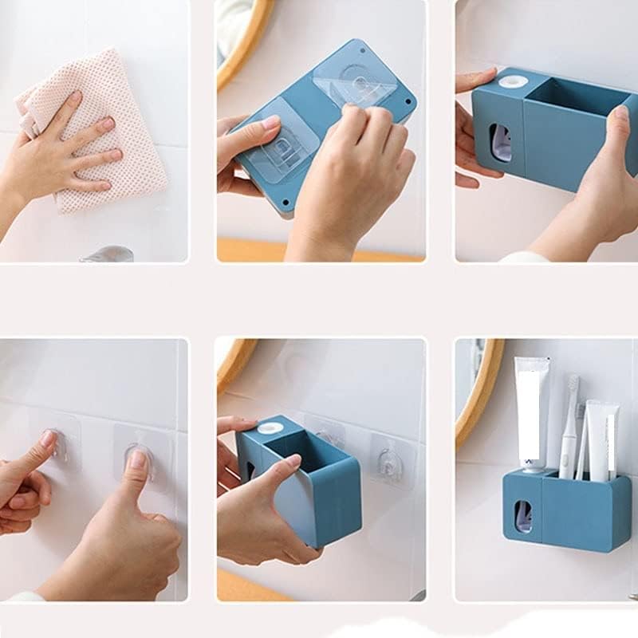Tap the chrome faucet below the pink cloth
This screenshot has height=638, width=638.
tap(108, 254)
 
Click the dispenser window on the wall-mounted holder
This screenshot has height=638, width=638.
tap(522, 516)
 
